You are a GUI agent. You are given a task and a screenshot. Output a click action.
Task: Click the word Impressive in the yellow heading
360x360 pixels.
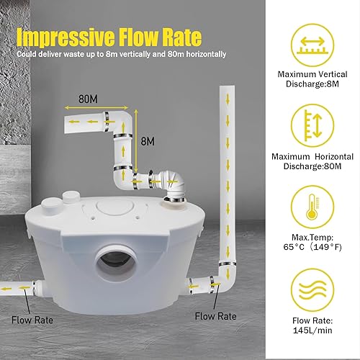point(66,37)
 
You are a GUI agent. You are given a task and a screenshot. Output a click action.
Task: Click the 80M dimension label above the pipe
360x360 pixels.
point(88,99)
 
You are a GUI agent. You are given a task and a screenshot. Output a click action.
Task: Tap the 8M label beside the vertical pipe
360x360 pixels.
point(148,141)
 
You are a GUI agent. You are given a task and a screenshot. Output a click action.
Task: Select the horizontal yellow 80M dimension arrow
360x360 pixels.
point(96,108)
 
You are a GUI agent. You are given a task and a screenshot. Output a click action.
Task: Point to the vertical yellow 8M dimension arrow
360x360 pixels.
point(136,143)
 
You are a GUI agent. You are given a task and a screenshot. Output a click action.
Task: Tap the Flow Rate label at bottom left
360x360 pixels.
point(32,320)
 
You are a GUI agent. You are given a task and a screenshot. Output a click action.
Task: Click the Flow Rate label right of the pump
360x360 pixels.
point(215,316)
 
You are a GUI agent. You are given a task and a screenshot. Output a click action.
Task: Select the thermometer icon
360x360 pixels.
point(312,207)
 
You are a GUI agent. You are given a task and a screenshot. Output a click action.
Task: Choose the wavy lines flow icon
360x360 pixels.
point(312,290)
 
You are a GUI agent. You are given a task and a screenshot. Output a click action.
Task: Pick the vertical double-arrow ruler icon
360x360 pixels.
point(312,125)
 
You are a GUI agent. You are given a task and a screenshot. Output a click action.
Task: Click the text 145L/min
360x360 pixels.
point(312,330)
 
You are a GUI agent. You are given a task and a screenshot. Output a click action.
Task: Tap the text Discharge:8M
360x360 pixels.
point(312,84)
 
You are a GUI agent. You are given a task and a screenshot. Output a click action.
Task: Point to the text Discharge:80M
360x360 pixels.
point(312,166)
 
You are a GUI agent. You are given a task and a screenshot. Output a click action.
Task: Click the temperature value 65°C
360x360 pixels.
point(294,247)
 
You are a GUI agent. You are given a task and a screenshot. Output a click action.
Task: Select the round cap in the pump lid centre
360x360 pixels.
point(114,207)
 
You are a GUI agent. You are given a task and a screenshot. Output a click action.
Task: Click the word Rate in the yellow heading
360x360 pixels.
point(181,37)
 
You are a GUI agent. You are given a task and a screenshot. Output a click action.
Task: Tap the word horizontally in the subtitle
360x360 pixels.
point(206,54)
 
